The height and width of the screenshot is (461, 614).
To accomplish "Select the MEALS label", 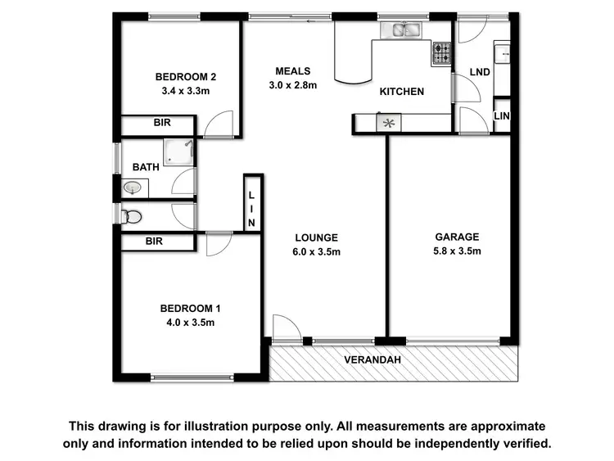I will coord(292,70).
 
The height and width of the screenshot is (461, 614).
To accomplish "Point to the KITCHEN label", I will coord(401,92).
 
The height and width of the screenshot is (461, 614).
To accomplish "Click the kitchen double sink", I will coord(401,31).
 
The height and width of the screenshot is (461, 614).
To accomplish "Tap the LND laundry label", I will coord(481,72).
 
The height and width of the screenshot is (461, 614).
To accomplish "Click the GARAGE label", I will coord(457,237).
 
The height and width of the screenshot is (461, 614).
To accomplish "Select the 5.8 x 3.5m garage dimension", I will coord(457,251).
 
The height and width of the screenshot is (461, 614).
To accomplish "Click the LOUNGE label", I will coord(317,238).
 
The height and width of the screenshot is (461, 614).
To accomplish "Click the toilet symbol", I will coord(131,216).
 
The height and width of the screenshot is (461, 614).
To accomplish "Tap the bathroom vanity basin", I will coord(133,188).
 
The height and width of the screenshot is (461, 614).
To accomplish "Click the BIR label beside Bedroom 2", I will coord(162,124).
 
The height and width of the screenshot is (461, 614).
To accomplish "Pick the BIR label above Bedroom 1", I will coord(154,242).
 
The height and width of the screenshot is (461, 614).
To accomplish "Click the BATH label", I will coord(146,167).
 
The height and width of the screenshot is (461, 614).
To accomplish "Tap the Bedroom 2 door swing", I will coord(219,125).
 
